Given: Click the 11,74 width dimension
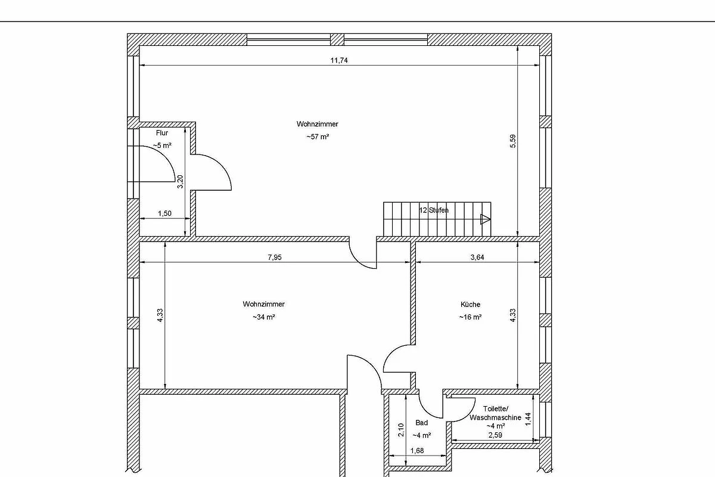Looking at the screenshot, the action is point(339,60).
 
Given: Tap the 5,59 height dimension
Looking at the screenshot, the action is point(513,141).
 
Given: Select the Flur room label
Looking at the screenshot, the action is point(162,133).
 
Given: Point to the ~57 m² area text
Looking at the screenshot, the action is point(318,137).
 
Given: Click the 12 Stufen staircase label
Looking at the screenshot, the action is point(434,210).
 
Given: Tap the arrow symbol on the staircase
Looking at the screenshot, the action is point(485,219).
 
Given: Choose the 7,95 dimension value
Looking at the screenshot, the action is point(275,257).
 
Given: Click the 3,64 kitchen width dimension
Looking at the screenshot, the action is point(477,257).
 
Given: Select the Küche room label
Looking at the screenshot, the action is point(470,305).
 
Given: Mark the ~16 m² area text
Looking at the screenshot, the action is point(470,317).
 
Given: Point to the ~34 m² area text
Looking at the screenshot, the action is point(264,317).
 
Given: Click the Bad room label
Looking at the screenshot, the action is point(422,423).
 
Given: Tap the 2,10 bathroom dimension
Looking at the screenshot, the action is point(401,430).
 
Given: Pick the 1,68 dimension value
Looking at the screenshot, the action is point(417,451).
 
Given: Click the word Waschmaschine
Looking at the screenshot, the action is point(495,417).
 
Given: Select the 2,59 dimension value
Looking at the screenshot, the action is point(495,435).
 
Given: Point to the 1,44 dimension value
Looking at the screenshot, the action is point(529,419).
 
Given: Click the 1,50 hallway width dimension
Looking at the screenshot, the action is point(164,213).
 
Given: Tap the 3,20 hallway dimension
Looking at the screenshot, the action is point(180,182).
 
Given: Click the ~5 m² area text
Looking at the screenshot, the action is point(162,145).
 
